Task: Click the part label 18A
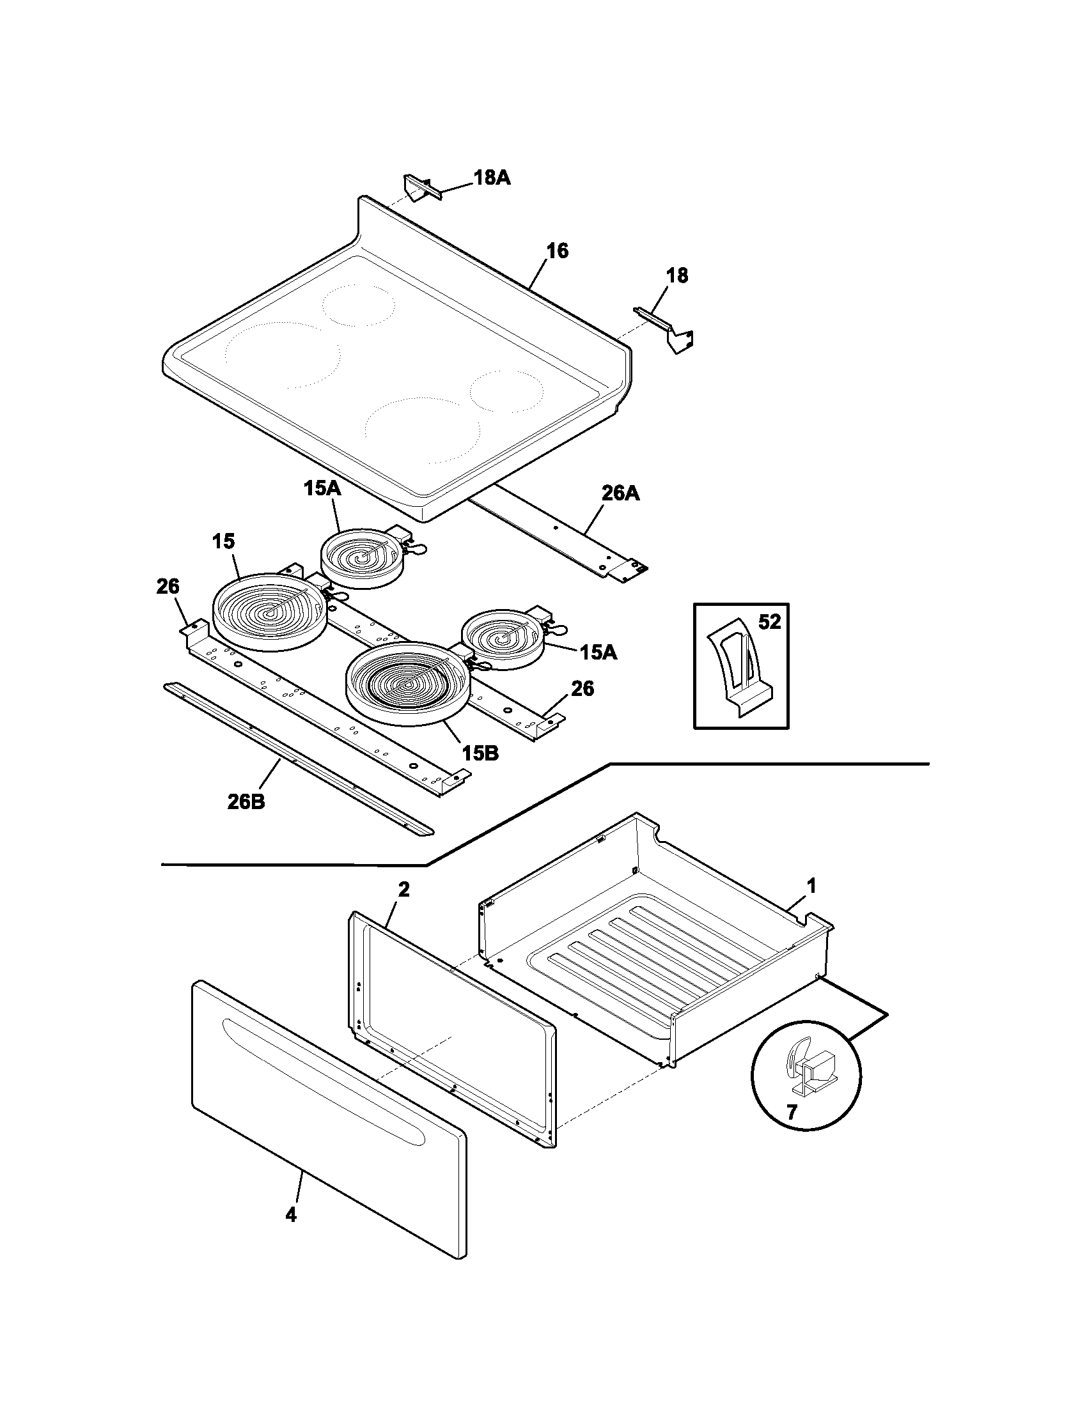pyautogui.click(x=492, y=178)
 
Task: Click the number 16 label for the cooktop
pyautogui.click(x=558, y=251)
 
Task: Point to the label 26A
pyautogui.click(x=621, y=494)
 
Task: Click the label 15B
pyautogui.click(x=480, y=753)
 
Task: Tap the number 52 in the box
pyautogui.click(x=769, y=622)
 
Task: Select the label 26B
pyautogui.click(x=246, y=802)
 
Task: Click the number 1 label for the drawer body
pyautogui.click(x=811, y=886)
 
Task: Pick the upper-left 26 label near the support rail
pyautogui.click(x=168, y=587)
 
